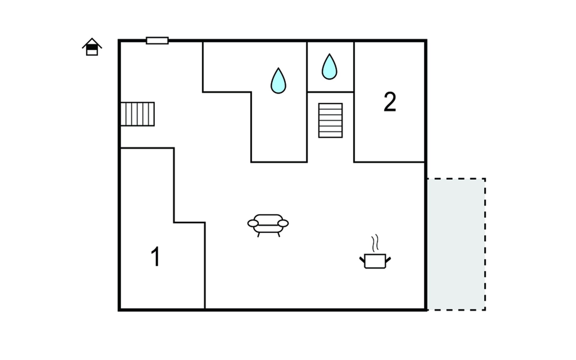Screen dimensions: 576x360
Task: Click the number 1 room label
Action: point(156,256)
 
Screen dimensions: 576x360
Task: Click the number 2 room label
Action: point(390,102)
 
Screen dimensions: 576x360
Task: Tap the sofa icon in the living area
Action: point(268,225)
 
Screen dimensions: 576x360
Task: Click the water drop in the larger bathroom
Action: point(278,81)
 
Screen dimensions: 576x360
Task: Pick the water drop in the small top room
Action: point(329,67)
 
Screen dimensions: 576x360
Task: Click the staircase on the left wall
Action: point(138,114)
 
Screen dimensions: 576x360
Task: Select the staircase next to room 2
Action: point(330,120)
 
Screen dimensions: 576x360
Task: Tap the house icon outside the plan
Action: point(92,47)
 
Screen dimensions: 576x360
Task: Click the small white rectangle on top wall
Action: point(157,40)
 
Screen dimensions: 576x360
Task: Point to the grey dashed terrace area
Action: point(456,244)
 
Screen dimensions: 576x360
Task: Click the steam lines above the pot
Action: point(375,243)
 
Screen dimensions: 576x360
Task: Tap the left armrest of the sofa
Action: point(253,223)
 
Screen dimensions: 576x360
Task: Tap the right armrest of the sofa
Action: point(283,223)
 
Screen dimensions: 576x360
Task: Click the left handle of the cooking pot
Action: point(362,259)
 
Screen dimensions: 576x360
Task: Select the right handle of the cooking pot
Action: point(388,259)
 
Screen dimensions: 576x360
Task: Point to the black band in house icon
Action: point(92,47)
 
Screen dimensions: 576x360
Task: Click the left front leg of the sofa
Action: point(259,235)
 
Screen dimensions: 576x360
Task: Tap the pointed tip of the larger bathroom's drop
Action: point(278,68)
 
